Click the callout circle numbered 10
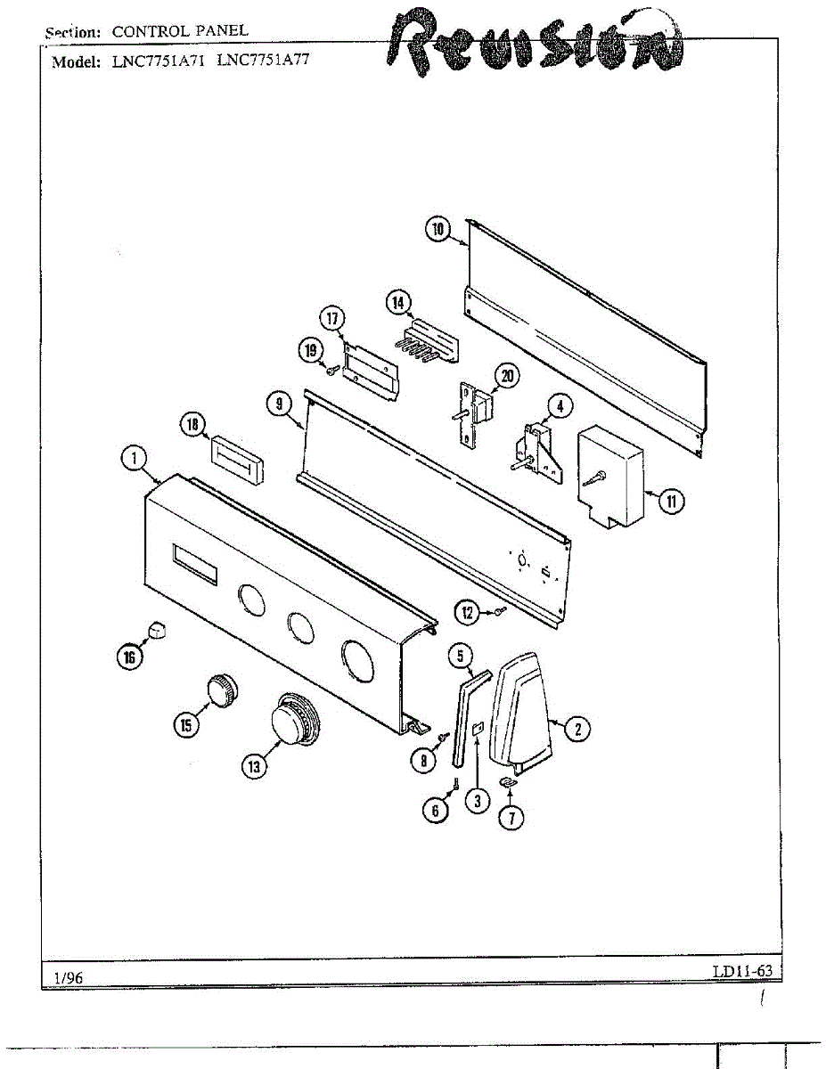(438, 230)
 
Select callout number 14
(397, 303)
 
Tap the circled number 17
(332, 318)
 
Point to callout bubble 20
(507, 377)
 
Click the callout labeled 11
(671, 502)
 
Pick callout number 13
(254, 765)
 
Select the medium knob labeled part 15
(220, 690)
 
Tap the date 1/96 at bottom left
(69, 977)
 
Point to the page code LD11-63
(741, 971)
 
